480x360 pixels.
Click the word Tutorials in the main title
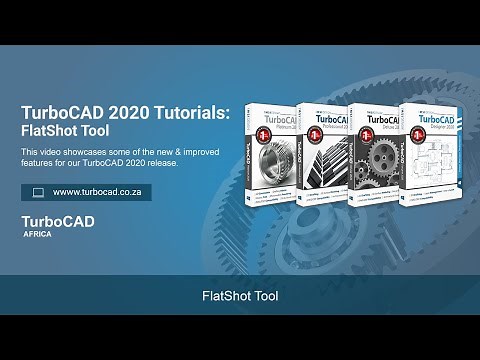[190, 112]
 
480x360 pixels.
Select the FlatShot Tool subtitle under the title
[66, 130]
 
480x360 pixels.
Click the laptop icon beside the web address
[38, 192]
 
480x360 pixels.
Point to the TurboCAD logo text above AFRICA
[58, 223]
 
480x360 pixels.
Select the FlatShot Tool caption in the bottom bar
[240, 297]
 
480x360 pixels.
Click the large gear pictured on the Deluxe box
[380, 170]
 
